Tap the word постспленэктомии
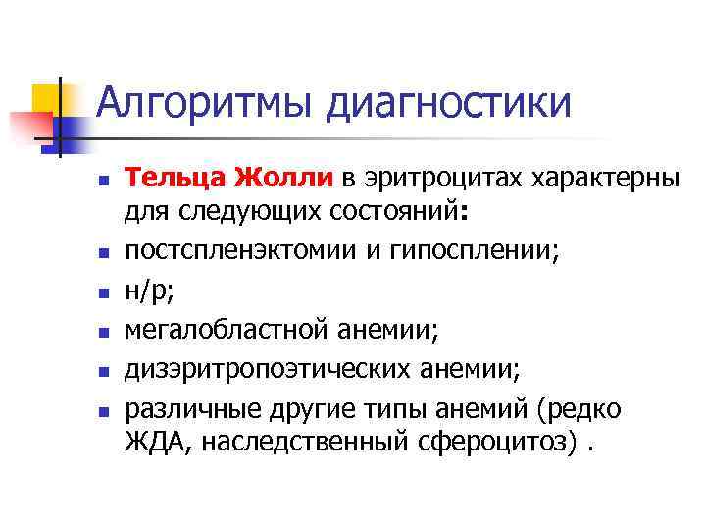[x=227, y=250]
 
